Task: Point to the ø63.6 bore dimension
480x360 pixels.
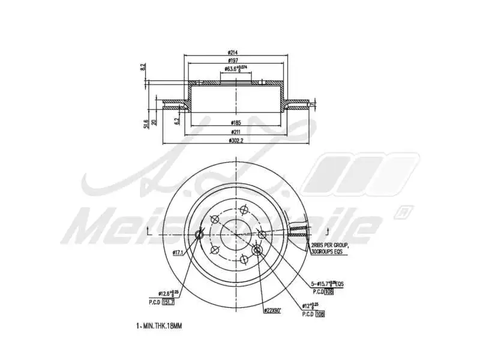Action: click(x=235, y=68)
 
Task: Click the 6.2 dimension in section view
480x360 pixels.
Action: click(x=177, y=121)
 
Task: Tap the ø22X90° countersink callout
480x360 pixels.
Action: click(x=274, y=310)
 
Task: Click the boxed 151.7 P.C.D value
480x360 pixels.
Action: click(x=169, y=303)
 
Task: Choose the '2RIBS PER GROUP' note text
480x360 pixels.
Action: click(x=329, y=246)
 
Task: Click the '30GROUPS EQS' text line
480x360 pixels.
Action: click(x=329, y=253)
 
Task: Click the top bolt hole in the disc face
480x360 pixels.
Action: click(x=244, y=209)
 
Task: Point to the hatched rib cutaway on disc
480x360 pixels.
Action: click(x=299, y=228)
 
